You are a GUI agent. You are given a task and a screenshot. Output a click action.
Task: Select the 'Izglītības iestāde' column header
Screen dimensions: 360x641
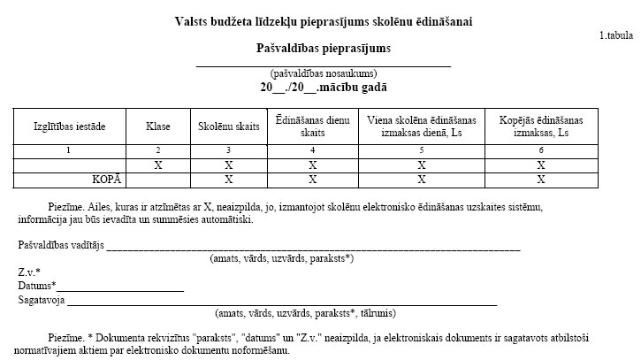tap(69, 126)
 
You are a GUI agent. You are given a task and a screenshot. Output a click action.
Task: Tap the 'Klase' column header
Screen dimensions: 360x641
tap(157, 126)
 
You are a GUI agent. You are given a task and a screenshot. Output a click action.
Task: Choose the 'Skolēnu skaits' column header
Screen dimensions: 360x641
tap(229, 126)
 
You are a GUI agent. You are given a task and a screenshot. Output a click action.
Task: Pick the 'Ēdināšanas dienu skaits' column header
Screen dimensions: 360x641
tap(312, 126)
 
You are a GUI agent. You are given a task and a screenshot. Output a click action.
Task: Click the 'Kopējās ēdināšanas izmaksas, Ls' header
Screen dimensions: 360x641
tap(540, 126)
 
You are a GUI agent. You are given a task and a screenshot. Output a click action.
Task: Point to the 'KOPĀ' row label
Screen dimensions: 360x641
tap(106, 180)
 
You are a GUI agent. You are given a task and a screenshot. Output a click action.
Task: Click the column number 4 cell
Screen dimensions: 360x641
tap(312, 150)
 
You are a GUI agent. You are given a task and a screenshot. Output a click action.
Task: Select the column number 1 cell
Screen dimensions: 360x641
tap(69, 150)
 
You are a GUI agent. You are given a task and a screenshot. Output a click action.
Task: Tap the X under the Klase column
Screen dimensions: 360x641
tap(157, 165)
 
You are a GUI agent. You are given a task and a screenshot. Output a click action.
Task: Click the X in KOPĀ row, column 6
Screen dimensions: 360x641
tap(540, 180)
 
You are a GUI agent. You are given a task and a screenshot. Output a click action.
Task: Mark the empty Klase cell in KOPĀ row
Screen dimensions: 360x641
tap(157, 180)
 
